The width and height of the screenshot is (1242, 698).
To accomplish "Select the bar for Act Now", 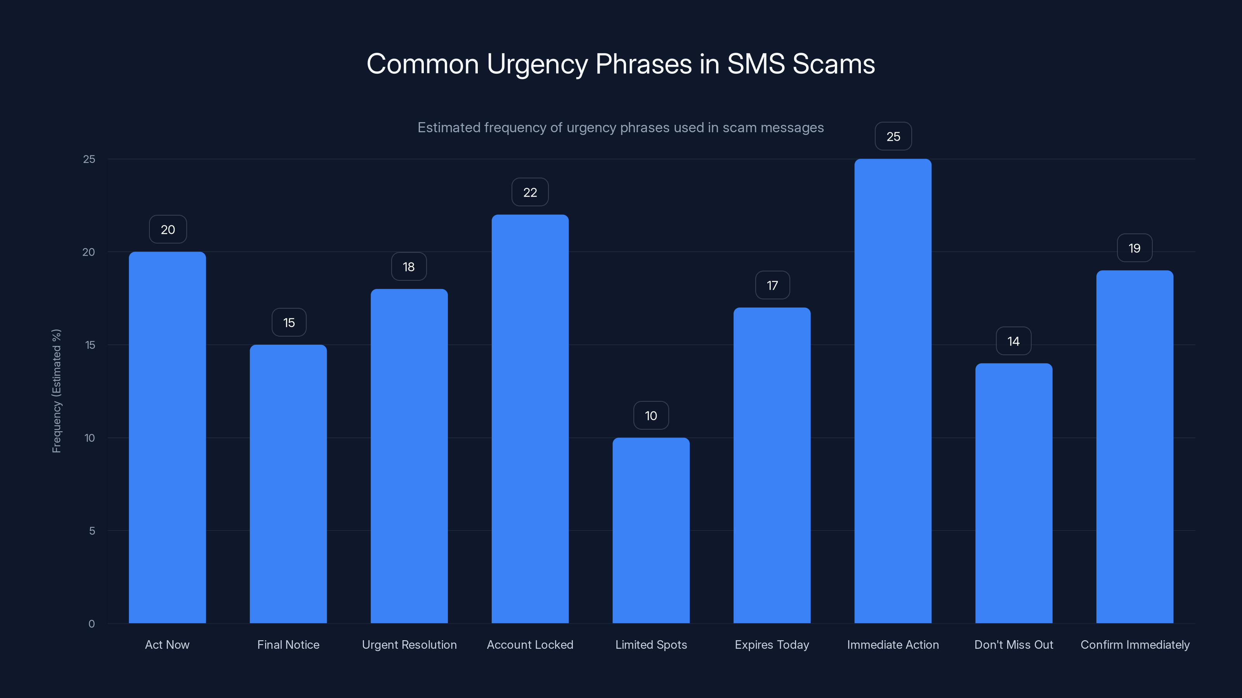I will (167, 437).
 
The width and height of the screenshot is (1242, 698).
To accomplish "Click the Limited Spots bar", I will (651, 530).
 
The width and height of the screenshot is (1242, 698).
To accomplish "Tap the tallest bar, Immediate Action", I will (893, 390).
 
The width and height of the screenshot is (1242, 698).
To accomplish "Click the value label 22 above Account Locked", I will (530, 192).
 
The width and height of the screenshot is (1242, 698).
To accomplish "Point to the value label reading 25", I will (893, 136).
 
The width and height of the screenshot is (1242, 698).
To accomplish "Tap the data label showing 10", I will (651, 415).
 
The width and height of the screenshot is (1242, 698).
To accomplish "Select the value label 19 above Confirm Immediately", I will (1134, 248).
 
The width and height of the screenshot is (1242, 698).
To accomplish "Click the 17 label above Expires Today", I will (772, 285).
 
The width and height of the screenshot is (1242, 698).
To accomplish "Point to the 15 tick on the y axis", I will (90, 345).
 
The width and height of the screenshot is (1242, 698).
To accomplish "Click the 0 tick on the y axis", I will (92, 624).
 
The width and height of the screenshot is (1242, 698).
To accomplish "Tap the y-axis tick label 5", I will (92, 531).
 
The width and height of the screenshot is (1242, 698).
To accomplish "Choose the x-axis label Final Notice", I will (288, 644).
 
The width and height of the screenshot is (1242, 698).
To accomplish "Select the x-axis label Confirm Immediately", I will (1135, 644).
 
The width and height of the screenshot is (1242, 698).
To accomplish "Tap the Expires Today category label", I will (772, 644).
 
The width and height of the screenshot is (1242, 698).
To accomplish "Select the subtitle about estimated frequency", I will (621, 128).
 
